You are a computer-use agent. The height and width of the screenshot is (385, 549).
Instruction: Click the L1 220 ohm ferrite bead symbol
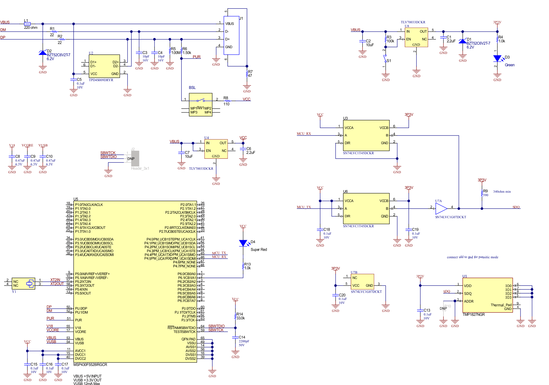(27, 24)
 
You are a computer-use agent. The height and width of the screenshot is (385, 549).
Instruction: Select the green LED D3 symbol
(497, 59)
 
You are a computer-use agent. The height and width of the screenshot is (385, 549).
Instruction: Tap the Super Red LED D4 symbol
(243, 243)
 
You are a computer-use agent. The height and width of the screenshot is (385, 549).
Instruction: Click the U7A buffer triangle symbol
(441, 209)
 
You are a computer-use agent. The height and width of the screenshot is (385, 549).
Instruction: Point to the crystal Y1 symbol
(30, 284)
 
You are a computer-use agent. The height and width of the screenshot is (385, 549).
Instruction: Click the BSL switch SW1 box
(200, 104)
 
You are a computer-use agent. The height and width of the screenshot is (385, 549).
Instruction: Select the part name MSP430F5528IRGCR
(90, 365)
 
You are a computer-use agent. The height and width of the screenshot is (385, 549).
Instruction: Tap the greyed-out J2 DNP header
(135, 158)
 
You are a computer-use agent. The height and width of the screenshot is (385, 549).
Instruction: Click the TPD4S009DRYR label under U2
(101, 80)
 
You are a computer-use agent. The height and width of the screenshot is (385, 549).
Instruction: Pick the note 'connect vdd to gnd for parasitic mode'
(472, 257)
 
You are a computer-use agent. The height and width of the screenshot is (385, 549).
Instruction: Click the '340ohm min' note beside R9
(502, 192)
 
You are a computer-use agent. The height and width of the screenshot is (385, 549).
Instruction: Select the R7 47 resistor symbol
(247, 74)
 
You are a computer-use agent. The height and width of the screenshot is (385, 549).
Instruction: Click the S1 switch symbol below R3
(385, 59)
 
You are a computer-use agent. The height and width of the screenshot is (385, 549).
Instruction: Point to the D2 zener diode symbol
(43, 53)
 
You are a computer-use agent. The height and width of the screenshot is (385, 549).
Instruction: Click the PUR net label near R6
(197, 57)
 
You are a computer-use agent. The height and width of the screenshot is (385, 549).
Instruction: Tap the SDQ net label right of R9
(516, 207)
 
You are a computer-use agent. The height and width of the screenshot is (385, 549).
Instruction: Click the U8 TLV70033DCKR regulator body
(416, 37)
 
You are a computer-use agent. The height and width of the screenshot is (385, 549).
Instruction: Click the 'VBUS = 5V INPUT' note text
(87, 376)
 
